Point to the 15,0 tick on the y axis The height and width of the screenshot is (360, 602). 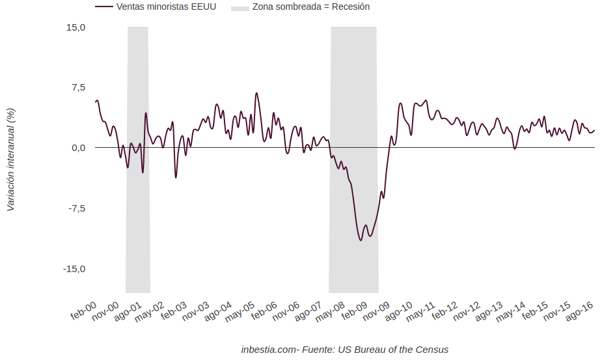75,27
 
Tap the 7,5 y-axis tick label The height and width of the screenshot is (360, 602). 78,87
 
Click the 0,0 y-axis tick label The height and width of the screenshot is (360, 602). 78,148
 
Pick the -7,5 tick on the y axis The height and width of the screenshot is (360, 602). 76,208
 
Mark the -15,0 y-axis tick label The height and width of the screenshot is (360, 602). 74,269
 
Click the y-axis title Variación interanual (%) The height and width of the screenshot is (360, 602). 10,159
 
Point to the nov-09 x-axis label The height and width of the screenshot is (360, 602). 376,312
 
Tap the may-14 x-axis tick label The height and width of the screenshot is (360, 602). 511,312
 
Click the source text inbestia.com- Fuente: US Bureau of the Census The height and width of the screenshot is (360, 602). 344,350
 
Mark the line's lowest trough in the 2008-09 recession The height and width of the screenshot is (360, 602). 361,240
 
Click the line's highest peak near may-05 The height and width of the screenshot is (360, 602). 256,93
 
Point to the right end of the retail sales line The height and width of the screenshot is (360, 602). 594,130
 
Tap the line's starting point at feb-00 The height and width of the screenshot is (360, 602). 96,102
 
